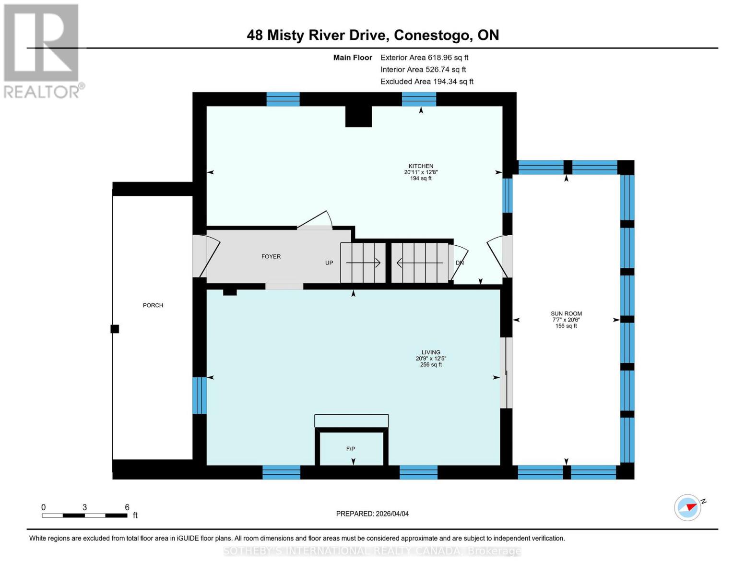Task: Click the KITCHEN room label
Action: point(421,166)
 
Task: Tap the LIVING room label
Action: point(431,352)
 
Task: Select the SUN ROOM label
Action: point(566,313)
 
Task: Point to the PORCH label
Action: point(153,305)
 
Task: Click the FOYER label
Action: point(271,256)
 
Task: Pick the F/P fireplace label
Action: point(351,449)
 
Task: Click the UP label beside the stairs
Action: point(329,263)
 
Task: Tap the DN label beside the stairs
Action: point(460,263)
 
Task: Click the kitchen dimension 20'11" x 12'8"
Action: point(421,172)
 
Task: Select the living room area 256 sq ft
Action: point(431,365)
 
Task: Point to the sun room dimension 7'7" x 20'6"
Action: point(566,320)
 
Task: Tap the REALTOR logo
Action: point(42,50)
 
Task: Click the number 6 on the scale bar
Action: point(127,507)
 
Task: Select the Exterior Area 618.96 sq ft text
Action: point(424,58)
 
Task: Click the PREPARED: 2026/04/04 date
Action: point(372,514)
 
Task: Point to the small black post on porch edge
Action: point(115,329)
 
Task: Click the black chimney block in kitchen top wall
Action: point(358,116)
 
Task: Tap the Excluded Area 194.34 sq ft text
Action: point(426,82)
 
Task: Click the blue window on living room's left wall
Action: point(199,395)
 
